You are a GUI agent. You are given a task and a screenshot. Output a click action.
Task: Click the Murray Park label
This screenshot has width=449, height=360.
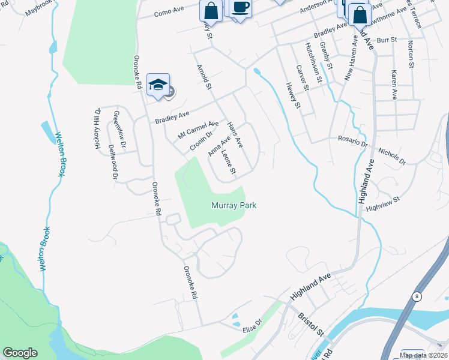tap(234, 205)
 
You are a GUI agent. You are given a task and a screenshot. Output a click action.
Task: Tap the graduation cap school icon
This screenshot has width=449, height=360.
tap(158, 85)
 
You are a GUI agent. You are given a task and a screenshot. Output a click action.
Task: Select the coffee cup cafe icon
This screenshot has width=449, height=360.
tap(240, 8)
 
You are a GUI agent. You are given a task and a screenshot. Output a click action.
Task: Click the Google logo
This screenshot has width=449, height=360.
tap(20, 353)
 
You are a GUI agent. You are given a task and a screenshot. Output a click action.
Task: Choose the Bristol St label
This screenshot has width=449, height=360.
tap(312, 324)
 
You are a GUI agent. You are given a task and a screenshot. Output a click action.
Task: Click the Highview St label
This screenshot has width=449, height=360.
tap(382, 203)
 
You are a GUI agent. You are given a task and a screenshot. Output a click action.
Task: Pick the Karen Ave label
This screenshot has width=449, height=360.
tap(394, 85)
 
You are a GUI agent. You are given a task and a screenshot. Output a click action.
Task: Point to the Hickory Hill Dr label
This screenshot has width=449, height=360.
tap(98, 124)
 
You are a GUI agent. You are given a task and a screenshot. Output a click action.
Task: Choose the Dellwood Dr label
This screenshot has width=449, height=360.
tap(112, 162)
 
